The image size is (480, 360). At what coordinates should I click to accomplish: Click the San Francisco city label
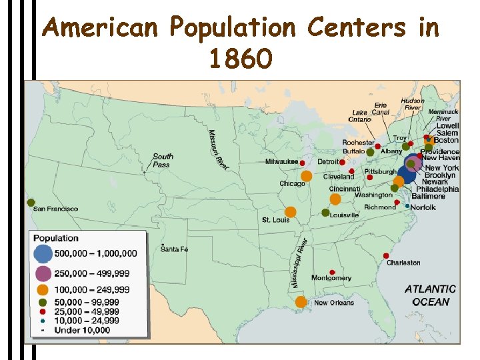56,209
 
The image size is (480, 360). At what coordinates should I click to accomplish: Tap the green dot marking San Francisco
31,202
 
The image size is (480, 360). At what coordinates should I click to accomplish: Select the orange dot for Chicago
307,177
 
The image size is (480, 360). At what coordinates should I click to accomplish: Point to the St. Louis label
275,220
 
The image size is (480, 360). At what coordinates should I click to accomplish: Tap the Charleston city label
403,263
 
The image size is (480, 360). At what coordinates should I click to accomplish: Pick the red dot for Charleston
386,256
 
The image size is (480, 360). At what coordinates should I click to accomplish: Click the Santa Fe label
175,249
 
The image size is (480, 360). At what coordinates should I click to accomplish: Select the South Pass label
163,160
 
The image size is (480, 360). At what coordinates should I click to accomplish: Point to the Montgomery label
331,278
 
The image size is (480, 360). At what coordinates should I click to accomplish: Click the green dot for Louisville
325,213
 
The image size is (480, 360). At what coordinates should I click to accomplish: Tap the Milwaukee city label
282,162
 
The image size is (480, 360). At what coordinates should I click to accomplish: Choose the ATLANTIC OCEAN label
431,295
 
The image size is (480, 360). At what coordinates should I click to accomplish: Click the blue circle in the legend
43,253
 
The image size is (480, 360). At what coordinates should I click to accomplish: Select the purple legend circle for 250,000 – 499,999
43,273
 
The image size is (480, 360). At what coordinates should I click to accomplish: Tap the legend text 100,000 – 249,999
93,289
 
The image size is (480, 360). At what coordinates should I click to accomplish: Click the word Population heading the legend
56,238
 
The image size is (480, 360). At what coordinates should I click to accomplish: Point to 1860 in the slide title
241,60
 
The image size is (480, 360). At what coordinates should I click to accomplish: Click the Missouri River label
218,149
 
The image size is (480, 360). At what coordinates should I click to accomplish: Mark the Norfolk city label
423,208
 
